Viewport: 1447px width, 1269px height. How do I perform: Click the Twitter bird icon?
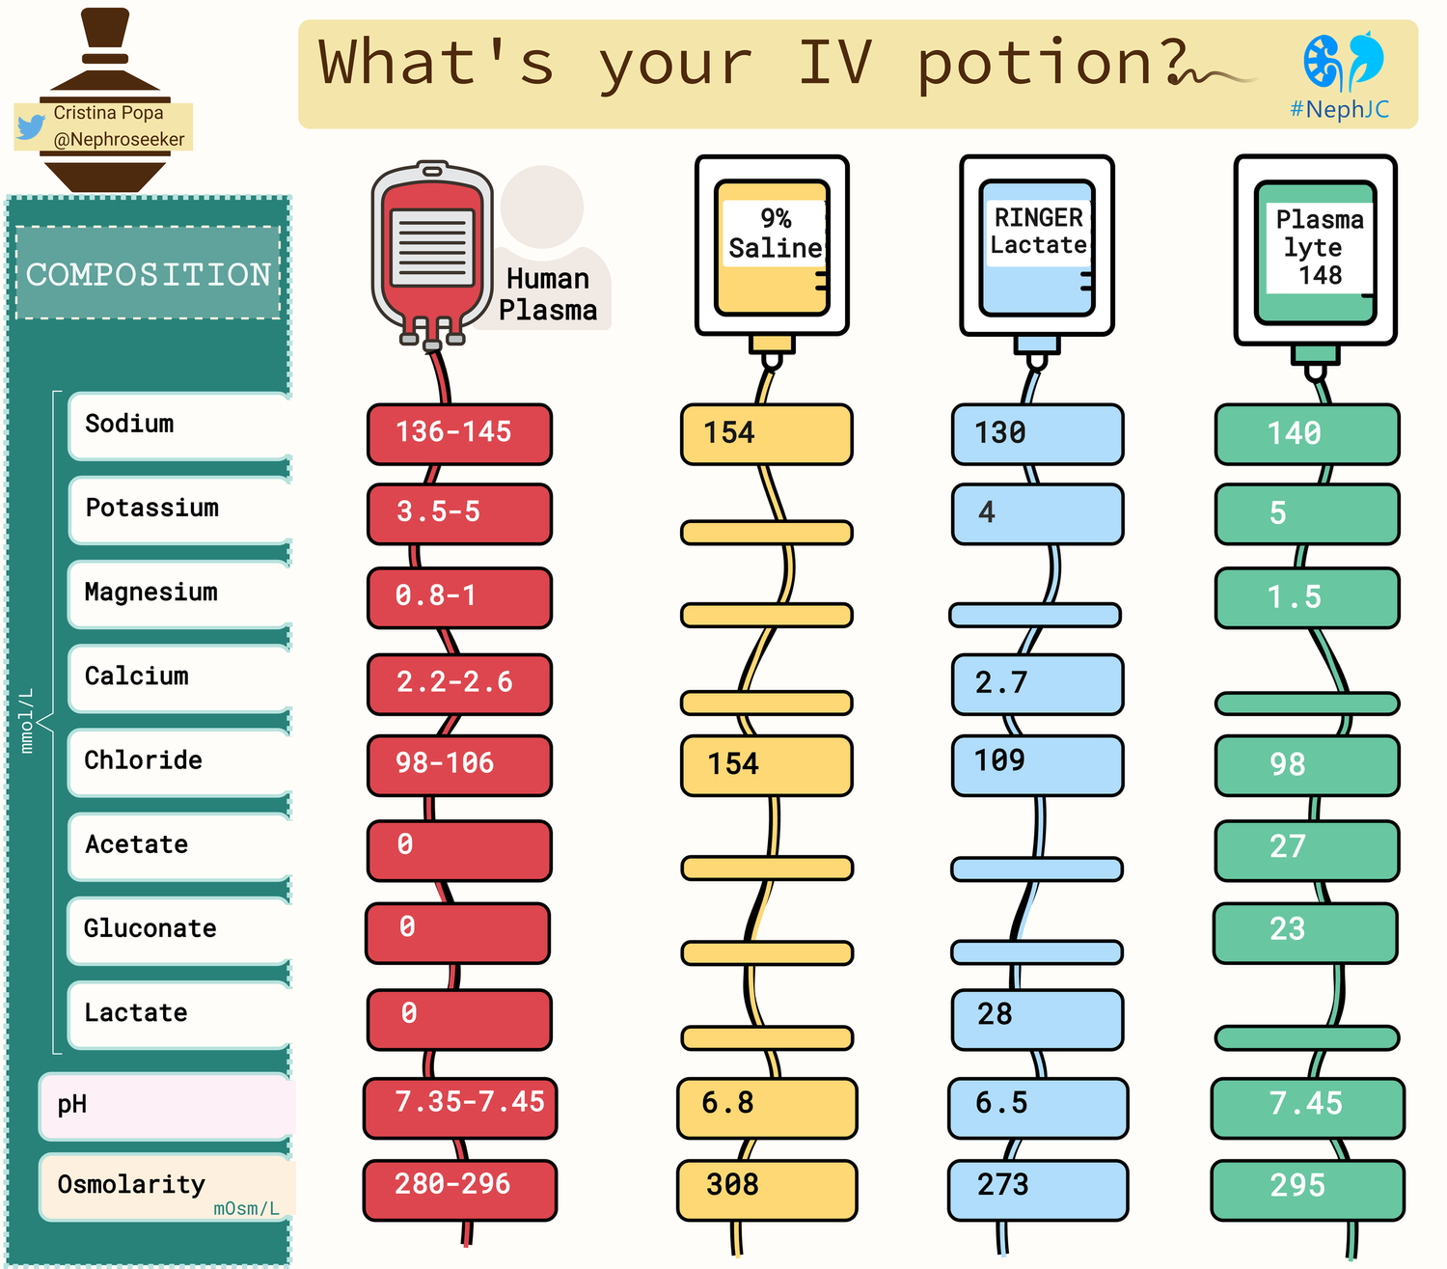coord(30,127)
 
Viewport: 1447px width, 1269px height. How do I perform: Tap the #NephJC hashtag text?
coord(1339,109)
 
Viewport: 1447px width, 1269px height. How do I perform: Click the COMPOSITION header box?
coord(149,273)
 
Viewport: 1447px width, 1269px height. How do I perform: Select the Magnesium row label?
coord(150,593)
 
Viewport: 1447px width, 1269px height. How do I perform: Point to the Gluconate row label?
coord(150,928)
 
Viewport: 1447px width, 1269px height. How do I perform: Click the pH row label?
coord(72,1105)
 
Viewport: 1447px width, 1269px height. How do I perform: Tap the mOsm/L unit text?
coord(246,1208)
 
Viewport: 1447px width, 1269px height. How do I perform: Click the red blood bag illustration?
coord(431,255)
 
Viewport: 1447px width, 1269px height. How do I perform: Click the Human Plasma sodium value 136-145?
coord(453,431)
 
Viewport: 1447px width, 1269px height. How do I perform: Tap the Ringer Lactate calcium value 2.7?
coord(1000,683)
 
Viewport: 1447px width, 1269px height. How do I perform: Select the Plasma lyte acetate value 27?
coord(1287,846)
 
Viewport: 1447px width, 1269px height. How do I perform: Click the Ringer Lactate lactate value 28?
coord(995,1014)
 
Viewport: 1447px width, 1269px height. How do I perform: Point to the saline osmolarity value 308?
coord(732,1185)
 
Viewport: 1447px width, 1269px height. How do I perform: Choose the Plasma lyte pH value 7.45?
coord(1305,1104)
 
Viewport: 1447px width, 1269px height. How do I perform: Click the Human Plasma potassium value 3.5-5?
coord(438,511)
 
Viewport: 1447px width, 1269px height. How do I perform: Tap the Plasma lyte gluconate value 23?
coord(1287,929)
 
